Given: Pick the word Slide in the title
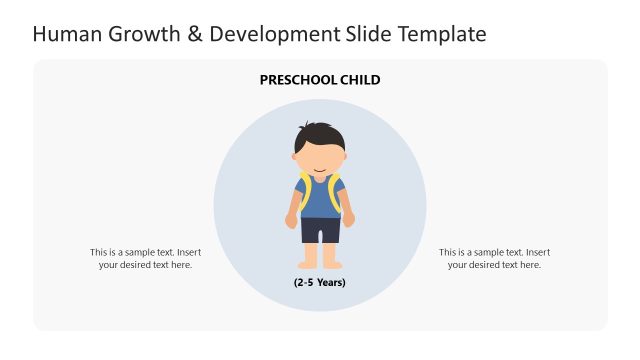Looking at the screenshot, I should coord(369,35).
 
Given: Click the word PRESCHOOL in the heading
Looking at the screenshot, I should coord(296,80).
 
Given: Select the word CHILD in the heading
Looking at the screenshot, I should coord(359,80).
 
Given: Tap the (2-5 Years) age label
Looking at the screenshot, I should coord(320,283).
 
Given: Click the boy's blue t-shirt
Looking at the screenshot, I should coord(320,200).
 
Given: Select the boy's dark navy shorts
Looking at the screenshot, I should coord(320,230).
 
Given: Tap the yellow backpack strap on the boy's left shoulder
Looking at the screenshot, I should coord(303,190).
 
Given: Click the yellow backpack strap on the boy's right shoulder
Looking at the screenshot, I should coord(337,190).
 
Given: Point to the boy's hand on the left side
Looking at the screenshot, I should coord(291,220).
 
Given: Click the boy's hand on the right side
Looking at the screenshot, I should coord(349,220).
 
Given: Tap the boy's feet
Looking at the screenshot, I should coord(320,265).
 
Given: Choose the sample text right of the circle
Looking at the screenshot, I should coord(494,258).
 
